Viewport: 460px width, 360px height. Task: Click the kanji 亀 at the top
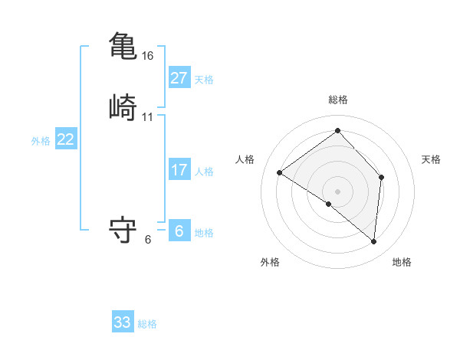(x=123, y=44)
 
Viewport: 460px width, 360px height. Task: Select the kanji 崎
(x=123, y=106)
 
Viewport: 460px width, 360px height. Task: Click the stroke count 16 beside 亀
(x=148, y=56)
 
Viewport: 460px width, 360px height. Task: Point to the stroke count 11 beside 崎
(x=148, y=117)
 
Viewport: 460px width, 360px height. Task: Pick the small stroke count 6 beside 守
(x=148, y=239)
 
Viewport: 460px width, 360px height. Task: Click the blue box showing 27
(x=179, y=78)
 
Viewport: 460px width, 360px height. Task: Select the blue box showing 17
(x=179, y=170)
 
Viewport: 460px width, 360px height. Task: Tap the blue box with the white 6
(x=179, y=231)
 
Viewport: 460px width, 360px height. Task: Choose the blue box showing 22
(x=66, y=139)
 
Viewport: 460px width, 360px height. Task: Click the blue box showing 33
(x=123, y=322)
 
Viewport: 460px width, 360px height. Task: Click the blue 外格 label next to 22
(x=41, y=141)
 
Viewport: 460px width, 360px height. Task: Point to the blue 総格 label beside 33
(x=148, y=324)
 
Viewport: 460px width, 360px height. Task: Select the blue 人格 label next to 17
(x=205, y=172)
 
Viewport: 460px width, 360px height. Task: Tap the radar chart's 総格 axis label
(x=338, y=100)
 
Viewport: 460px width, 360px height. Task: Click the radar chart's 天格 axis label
(x=431, y=159)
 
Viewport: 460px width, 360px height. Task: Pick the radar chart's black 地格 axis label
(x=402, y=262)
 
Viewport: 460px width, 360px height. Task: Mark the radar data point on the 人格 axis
(x=280, y=173)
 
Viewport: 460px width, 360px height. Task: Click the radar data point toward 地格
(x=374, y=242)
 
